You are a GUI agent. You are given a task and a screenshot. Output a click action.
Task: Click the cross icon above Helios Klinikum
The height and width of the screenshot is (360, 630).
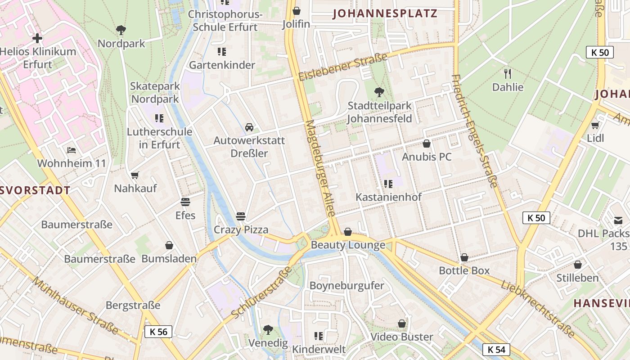[x=37, y=38]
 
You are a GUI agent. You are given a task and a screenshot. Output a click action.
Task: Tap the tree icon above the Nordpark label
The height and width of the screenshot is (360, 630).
[x=121, y=30]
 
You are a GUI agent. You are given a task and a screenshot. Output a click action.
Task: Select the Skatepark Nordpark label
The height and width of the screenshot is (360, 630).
[x=155, y=92]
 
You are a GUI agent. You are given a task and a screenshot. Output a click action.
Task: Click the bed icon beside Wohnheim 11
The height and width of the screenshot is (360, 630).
[x=72, y=150]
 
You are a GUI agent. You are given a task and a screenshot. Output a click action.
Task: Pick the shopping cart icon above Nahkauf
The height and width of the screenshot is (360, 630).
[x=135, y=175]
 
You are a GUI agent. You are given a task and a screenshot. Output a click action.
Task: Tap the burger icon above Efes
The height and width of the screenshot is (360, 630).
[x=185, y=202]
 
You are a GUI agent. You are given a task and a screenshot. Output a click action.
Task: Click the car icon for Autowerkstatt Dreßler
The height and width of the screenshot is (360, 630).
[x=249, y=127]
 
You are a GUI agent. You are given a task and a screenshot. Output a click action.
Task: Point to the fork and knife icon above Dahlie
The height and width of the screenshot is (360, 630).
[x=508, y=73]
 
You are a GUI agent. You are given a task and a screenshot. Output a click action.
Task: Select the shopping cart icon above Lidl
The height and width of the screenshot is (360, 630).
[x=595, y=125]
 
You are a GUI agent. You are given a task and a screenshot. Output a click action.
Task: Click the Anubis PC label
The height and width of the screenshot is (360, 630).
[x=427, y=157]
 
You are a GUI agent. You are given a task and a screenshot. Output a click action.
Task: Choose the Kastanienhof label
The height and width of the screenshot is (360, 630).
[x=388, y=197]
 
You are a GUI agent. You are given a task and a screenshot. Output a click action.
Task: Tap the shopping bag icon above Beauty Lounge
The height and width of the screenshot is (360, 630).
[x=348, y=232]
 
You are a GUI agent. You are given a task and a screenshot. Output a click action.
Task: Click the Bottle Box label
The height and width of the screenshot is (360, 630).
[x=464, y=271]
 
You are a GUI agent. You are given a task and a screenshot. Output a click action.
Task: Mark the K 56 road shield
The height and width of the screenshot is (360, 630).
[x=158, y=332]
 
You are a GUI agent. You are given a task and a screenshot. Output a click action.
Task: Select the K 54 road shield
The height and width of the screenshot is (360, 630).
[x=496, y=349]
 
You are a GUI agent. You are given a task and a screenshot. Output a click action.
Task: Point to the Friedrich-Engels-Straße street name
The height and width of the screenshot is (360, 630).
[x=475, y=130]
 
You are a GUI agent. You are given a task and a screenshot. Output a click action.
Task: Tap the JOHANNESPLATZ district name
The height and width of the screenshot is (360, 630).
[x=385, y=13]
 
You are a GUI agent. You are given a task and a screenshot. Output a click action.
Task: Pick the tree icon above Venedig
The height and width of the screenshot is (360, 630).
[x=268, y=329]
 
